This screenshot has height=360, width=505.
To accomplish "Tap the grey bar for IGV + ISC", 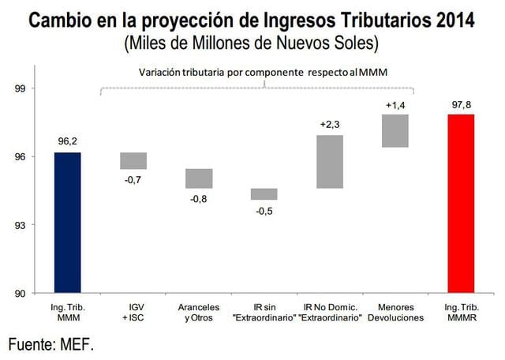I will pos(133,160).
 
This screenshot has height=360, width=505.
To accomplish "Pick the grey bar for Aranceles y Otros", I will pos(199,178).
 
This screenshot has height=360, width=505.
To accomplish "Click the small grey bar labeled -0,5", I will pos(264,193).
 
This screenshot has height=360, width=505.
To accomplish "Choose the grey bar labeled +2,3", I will pos(330,162).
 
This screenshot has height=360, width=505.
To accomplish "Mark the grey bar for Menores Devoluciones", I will pos(395,130).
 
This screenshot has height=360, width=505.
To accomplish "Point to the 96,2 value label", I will pos(68,141).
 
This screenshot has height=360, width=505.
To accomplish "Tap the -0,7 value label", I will pos(133,180).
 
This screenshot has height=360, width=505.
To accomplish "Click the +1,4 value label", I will pos(395,104).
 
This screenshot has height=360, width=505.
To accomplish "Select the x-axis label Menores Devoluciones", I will pos(395,311).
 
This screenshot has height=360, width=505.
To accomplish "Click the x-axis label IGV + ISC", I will pos(133,311).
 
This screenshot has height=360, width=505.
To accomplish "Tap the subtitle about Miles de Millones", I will pos(252,42).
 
